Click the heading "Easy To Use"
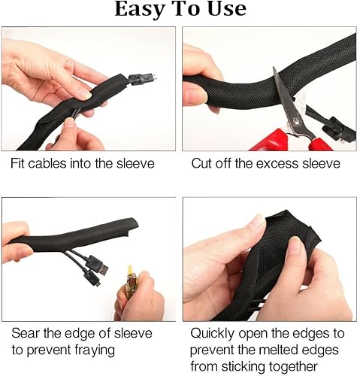point(180,10)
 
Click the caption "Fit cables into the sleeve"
point(83,163)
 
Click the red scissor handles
point(289,138)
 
